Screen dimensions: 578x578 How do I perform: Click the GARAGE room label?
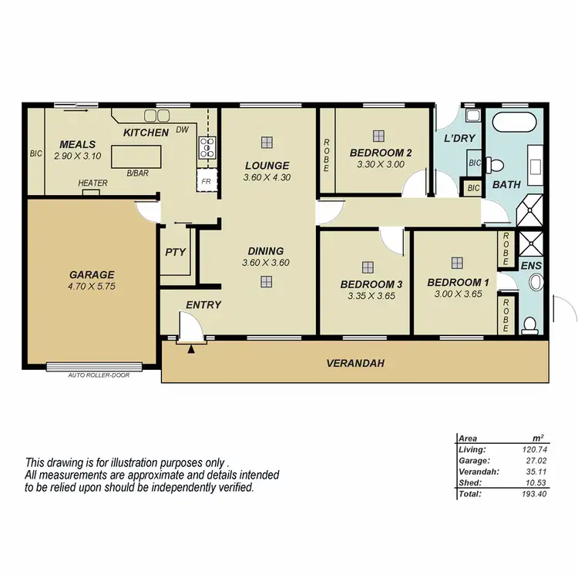click(92, 274)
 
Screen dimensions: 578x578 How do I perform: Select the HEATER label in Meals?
click(92, 183)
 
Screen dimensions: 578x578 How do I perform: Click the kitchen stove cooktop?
click(207, 146)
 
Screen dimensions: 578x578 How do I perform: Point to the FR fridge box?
click(207, 182)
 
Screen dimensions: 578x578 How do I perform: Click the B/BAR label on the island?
click(139, 174)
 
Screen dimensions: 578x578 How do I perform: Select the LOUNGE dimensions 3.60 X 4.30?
click(267, 177)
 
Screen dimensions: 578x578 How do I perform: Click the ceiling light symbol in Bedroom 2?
click(378, 136)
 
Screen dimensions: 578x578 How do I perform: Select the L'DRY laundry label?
click(459, 139)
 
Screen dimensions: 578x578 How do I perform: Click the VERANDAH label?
click(355, 363)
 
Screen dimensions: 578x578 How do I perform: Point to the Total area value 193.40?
click(533, 493)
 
